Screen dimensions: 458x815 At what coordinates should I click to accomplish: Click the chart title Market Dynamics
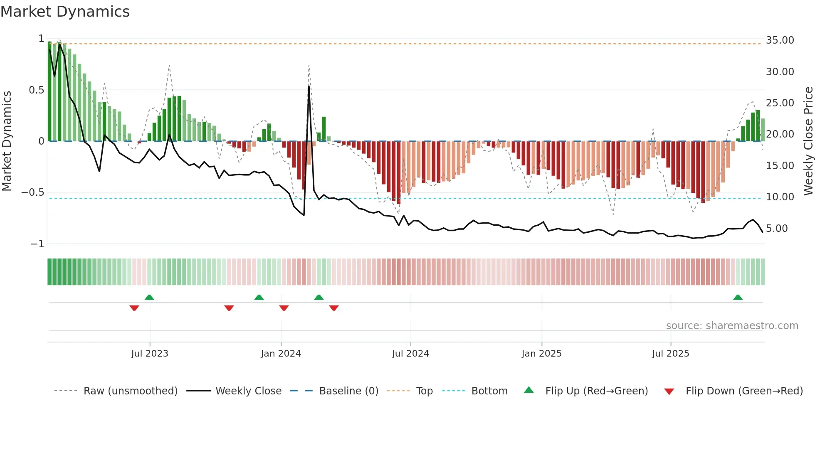65,12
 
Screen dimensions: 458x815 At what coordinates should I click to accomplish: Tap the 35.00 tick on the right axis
780,40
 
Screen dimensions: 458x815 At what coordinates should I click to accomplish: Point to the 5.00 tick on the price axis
777,229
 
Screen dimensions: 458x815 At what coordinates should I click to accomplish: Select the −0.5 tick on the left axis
32,192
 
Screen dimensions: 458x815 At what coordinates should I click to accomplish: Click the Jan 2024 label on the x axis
281,354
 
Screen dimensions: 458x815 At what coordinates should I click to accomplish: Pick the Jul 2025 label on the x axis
670,354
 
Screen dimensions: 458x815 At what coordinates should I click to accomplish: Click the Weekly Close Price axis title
808,141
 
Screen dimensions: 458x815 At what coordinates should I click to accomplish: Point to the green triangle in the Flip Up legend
529,390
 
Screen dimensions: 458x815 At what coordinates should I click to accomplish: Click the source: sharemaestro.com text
732,326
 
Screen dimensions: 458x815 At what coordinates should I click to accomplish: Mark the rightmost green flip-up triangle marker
738,297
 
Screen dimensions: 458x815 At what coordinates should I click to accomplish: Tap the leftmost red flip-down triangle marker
134,308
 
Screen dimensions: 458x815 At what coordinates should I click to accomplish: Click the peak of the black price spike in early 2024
309,86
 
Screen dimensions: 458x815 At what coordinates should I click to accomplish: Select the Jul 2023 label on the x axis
150,354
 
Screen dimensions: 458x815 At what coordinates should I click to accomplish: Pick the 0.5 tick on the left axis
37,90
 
